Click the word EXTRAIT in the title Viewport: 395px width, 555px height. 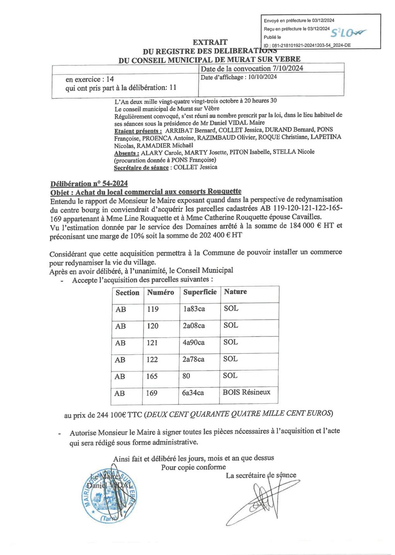(210, 42)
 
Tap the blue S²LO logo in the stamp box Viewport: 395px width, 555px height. (349, 33)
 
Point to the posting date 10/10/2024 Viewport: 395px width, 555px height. (262, 77)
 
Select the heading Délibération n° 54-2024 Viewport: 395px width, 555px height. (89, 184)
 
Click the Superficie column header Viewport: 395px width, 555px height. (200, 292)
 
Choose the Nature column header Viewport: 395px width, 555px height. (235, 292)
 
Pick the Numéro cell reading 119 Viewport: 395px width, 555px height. (153, 309)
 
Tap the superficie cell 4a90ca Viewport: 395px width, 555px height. (194, 342)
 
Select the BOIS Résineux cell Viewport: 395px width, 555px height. (246, 392)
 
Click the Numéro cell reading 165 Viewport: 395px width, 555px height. (152, 376)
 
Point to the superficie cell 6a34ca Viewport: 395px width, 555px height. (193, 393)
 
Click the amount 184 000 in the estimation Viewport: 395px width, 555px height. (302, 226)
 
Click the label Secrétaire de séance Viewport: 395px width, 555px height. (141, 168)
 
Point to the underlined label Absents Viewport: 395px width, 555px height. (127, 153)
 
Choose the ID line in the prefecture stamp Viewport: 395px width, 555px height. (307, 45)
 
